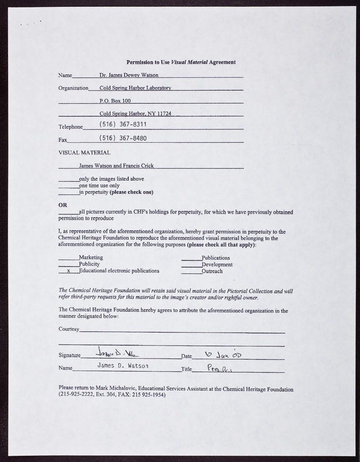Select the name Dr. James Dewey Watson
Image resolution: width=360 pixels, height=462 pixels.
point(129,75)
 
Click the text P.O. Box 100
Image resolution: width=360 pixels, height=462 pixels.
point(116,100)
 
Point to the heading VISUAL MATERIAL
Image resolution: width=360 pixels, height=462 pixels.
point(84,152)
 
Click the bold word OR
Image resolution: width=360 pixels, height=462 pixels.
point(63,205)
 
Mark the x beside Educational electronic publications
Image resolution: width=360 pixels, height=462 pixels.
point(69,270)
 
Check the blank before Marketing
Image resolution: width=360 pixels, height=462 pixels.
point(69,258)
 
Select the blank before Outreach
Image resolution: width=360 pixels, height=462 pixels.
point(191,271)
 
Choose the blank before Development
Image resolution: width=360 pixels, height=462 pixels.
point(191,264)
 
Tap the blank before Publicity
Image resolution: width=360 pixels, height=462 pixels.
point(69,264)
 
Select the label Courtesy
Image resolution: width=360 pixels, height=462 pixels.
point(69,329)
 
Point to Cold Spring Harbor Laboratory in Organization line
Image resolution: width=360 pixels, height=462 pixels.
point(135,88)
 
